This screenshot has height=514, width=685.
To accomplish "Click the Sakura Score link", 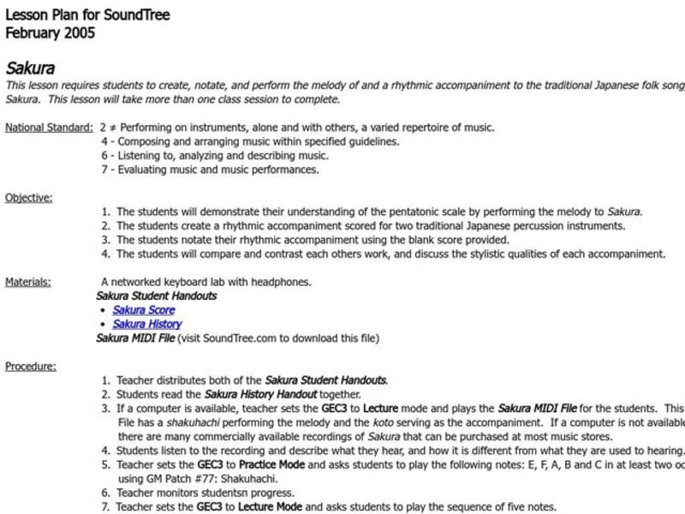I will pos(144,310).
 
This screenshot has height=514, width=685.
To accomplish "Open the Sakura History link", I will pos(147,325).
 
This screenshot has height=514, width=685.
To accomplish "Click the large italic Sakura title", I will pos(32,67).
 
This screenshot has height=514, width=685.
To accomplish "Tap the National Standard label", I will pos(48,128).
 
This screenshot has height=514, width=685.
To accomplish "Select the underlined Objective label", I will pos(28,197).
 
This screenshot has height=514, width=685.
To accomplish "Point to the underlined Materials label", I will pos(27,281).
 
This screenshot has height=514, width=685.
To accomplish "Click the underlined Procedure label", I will pos(31,366).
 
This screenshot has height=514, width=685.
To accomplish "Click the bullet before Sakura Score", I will pos(103,310).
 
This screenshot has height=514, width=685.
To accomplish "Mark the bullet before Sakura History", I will pos(103,325).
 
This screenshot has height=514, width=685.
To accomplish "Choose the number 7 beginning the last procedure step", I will pos(104,506).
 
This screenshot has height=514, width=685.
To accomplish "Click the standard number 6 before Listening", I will pos(104,156).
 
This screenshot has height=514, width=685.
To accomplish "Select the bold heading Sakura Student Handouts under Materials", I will pos(156,296).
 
